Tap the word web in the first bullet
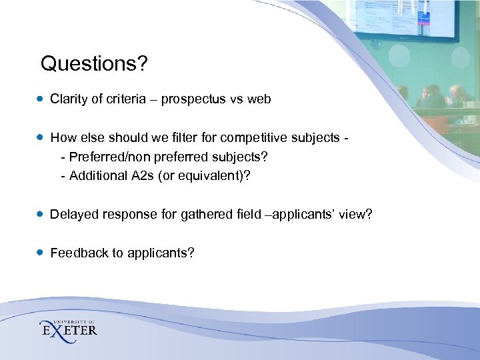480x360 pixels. [259, 99]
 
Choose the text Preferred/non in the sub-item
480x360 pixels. [103, 158]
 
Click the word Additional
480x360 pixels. [93, 177]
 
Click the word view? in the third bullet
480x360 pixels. [356, 215]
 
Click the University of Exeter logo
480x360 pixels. [68, 327]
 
